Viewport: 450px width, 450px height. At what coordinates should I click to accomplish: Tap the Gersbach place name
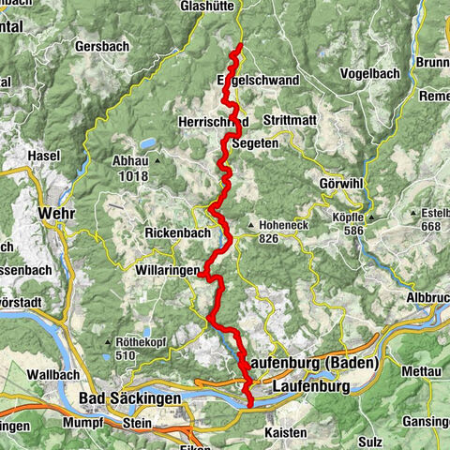tap(96, 45)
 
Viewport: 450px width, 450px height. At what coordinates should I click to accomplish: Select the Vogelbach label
tap(368, 72)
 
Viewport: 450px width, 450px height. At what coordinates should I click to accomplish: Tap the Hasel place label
tap(44, 155)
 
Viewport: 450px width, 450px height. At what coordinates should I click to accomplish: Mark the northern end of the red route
tap(240, 45)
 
